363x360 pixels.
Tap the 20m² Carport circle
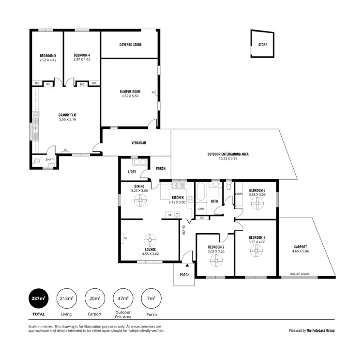(94, 298)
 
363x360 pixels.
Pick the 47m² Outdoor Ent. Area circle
(122, 298)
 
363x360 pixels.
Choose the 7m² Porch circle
(151, 298)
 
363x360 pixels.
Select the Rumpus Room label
(130, 92)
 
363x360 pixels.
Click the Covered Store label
(130, 45)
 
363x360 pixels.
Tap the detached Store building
(262, 45)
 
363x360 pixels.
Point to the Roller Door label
(300, 274)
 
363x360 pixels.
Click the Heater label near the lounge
(184, 230)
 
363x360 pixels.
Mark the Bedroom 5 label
(47, 56)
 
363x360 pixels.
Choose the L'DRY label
(132, 172)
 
